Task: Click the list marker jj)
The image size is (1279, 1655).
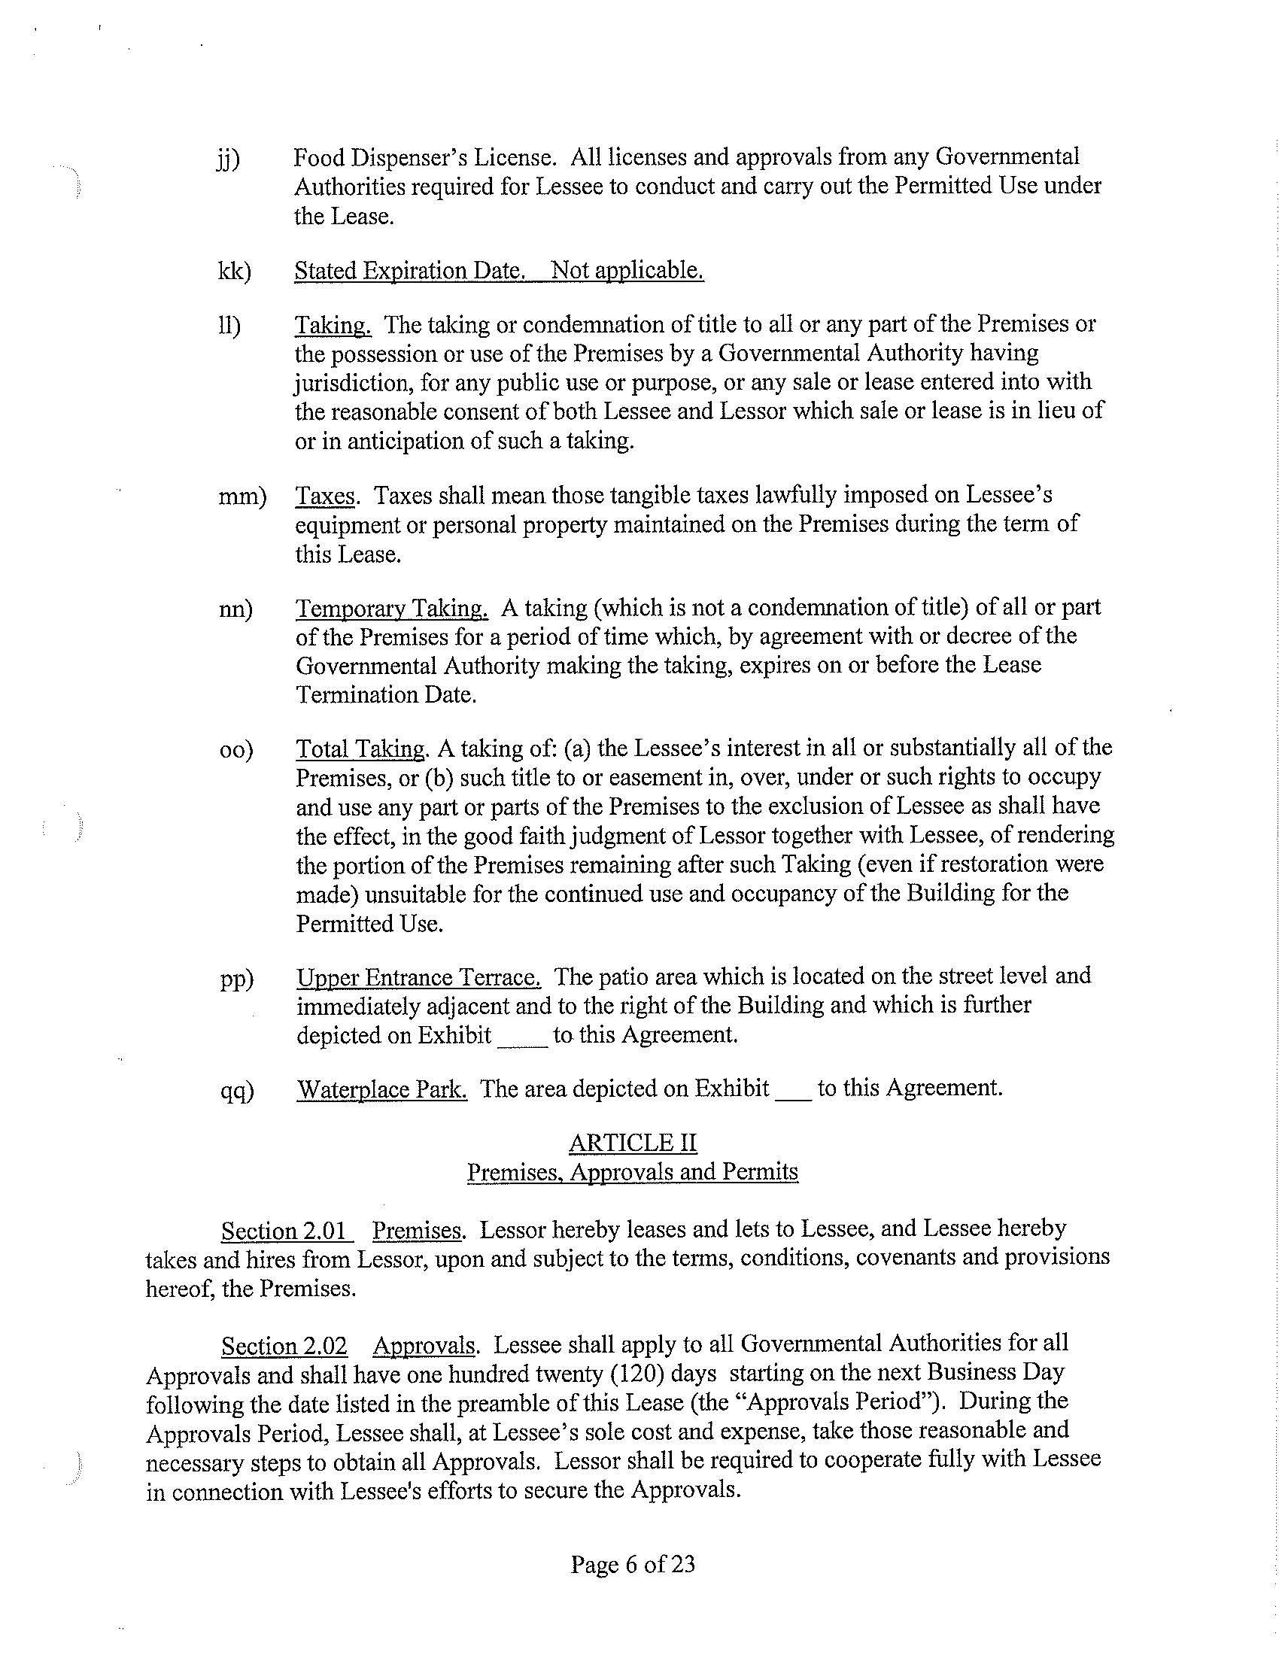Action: click(x=228, y=159)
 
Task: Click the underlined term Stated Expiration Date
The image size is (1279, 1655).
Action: click(x=409, y=271)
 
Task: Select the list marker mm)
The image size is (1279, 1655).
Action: click(x=242, y=496)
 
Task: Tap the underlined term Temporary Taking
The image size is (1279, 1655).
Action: click(x=392, y=609)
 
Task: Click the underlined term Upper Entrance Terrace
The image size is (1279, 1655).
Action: click(x=418, y=976)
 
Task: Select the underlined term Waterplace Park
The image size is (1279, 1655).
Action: click(x=382, y=1089)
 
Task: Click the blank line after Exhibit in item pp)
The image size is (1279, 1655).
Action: click(x=522, y=1037)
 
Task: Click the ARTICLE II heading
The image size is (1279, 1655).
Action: click(x=633, y=1143)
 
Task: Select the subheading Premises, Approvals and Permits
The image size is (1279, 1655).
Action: click(x=633, y=1172)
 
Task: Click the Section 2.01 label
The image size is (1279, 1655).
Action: click(x=286, y=1230)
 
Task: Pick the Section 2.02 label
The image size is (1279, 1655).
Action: click(x=284, y=1346)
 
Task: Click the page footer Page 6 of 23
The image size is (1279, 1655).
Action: click(x=633, y=1564)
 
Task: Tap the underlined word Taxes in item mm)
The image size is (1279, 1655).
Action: click(x=325, y=496)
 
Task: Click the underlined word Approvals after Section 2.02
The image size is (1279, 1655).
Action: click(x=424, y=1346)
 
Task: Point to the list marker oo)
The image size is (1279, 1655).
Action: click(x=236, y=750)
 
